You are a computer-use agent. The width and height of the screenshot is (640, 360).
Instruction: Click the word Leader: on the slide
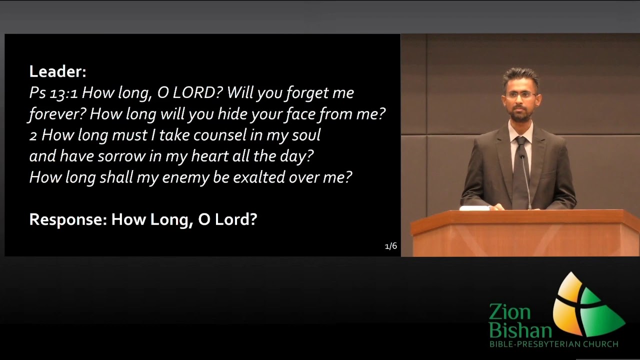(57, 71)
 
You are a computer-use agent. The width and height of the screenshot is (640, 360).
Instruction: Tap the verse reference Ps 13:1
(53, 93)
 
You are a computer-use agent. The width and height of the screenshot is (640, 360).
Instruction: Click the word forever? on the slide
(57, 114)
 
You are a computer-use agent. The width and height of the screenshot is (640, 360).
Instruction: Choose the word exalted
(259, 177)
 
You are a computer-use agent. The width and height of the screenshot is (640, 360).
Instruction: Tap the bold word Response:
(68, 219)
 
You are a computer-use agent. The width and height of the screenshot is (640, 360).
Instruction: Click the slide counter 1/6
(391, 246)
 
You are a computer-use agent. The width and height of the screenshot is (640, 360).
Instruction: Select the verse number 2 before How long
(33, 136)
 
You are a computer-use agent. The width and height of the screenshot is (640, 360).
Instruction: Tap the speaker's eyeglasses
(521, 95)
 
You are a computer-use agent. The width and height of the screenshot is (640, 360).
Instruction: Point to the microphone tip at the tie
(522, 155)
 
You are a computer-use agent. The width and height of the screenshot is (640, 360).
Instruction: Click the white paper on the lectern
(475, 208)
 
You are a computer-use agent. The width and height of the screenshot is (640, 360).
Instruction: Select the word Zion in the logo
(509, 311)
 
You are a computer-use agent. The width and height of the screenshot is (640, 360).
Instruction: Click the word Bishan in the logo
(520, 330)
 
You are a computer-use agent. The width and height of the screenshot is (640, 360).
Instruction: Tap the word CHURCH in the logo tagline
(600, 344)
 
